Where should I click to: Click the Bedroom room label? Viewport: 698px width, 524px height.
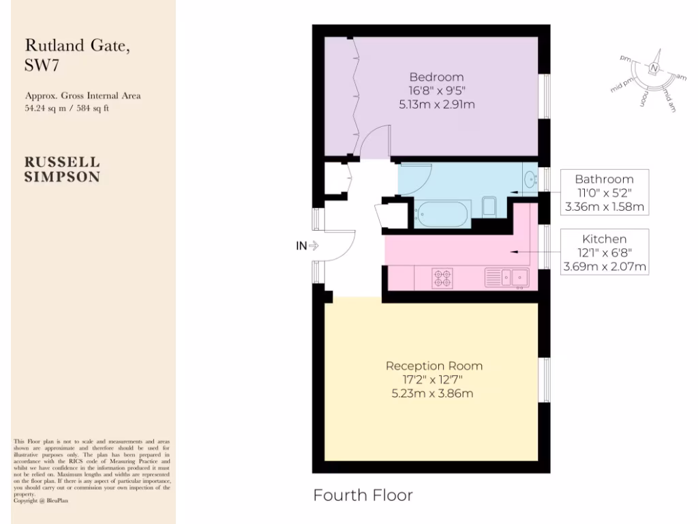pyautogui.click(x=436, y=77)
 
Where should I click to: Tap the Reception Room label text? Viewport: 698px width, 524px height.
pyautogui.click(x=434, y=366)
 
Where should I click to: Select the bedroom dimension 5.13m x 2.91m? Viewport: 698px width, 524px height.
pyautogui.click(x=436, y=104)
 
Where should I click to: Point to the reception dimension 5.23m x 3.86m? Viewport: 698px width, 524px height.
pyautogui.click(x=434, y=393)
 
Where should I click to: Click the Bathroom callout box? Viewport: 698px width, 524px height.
pyautogui.click(x=604, y=192)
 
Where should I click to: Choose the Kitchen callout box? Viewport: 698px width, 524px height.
pyautogui.click(x=604, y=252)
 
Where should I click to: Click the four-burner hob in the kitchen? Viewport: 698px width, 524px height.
pyautogui.click(x=442, y=277)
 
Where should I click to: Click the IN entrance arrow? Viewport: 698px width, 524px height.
pyautogui.click(x=307, y=246)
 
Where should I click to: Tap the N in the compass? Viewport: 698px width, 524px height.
pyautogui.click(x=654, y=68)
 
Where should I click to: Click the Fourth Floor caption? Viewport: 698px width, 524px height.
pyautogui.click(x=363, y=495)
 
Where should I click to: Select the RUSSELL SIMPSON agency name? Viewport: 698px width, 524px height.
pyautogui.click(x=63, y=169)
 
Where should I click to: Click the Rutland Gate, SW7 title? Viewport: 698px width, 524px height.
pyautogui.click(x=76, y=55)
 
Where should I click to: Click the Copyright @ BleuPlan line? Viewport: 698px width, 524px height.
pyautogui.click(x=41, y=500)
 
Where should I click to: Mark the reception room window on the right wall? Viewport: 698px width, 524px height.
pyautogui.click(x=544, y=379)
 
